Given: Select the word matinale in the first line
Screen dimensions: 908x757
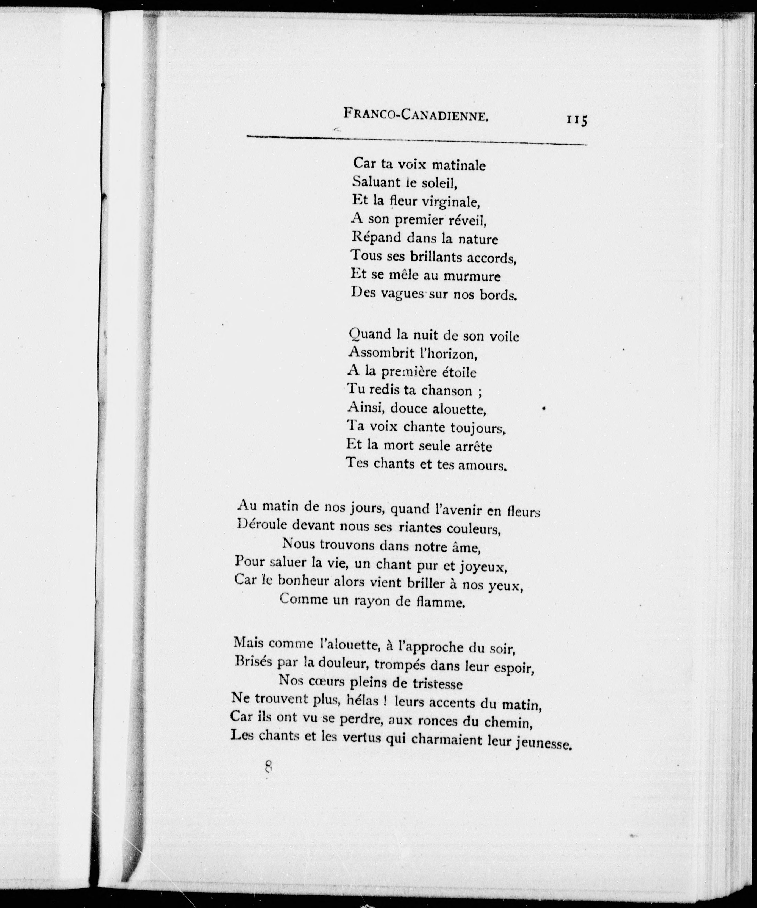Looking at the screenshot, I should [459, 165].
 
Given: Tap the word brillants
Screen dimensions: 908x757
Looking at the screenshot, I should [436, 257].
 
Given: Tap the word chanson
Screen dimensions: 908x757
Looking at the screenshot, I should [446, 391].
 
